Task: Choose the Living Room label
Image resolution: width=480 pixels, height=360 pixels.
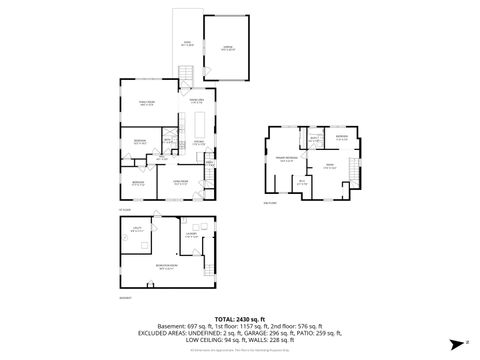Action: tap(181, 181)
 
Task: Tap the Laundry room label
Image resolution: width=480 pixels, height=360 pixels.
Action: tap(189, 236)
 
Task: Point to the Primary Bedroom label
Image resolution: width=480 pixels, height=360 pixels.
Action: tap(285, 159)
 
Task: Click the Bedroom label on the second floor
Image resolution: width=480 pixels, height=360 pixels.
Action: tap(341, 138)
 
